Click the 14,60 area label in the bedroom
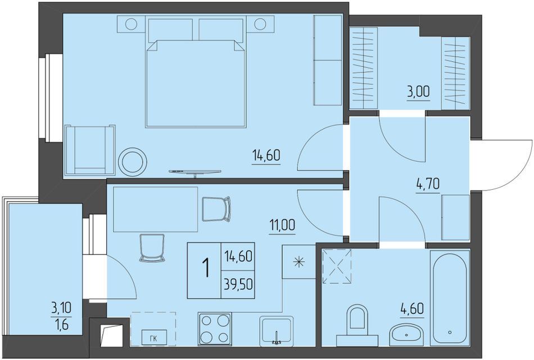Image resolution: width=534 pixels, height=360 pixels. pos(266,156)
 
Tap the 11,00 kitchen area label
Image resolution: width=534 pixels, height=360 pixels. pos(282,225)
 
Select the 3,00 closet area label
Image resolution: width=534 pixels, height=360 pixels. pos(418,92)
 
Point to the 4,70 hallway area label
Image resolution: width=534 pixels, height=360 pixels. pos(427,184)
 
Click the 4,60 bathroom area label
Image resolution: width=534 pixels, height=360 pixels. pos(411,309)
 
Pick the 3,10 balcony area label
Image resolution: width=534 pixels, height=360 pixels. pos(61,309)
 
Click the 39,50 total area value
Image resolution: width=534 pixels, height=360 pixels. pos(238,283)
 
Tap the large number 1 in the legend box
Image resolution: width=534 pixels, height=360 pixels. pos(205,268)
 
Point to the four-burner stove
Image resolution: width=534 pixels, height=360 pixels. pos(215,329)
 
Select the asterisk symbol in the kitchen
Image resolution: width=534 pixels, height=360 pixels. pos(299,262)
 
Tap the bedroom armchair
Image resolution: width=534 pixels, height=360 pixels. pos(89,150)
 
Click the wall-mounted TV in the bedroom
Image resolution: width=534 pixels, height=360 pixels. pos(195,172)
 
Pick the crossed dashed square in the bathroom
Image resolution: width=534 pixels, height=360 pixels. pos(337,266)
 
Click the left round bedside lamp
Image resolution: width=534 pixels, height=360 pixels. pos(131,24)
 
